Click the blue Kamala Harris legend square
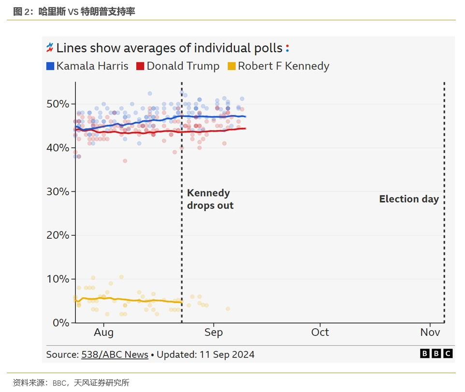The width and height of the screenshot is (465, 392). point(50,66)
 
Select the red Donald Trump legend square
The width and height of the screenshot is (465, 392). point(141,66)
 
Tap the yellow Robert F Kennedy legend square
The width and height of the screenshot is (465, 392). point(232,66)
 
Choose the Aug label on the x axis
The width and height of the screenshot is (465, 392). point(103,333)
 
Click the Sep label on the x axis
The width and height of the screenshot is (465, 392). point(214,333)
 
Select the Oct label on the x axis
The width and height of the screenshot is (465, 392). point(320,333)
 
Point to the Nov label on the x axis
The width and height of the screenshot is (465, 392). point(430,333)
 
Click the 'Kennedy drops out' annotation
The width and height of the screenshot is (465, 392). point(210,199)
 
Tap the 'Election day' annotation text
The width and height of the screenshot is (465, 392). point(409,199)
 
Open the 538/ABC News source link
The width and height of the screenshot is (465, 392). point(115,355)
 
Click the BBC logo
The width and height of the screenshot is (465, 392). point(436,354)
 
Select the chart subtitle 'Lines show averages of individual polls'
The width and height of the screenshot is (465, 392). point(169,48)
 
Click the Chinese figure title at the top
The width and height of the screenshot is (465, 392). point(74,12)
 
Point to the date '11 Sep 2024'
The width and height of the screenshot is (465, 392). point(227,355)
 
